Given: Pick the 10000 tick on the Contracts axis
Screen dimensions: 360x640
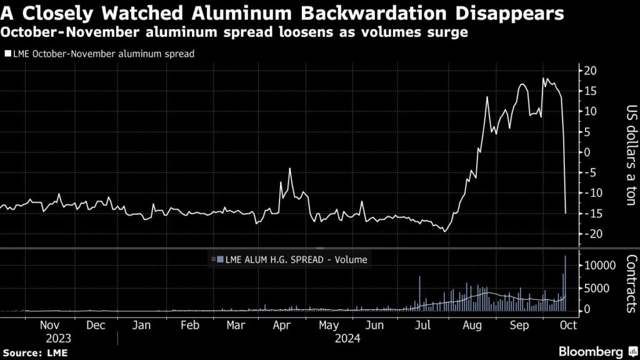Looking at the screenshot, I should (596, 266).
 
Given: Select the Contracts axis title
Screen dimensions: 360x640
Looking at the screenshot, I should (631, 282).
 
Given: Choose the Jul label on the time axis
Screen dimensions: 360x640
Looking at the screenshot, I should (422, 326).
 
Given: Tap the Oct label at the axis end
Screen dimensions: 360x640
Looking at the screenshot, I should (567, 326).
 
